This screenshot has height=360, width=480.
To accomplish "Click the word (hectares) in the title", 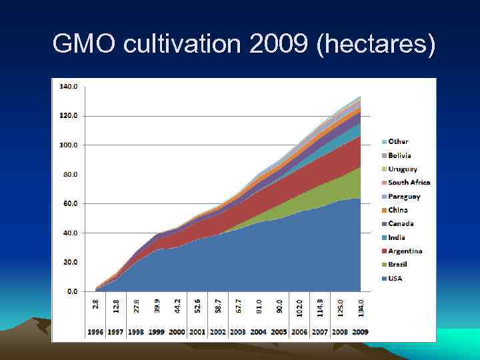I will [377, 45].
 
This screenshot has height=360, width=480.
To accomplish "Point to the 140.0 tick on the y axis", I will [69, 87].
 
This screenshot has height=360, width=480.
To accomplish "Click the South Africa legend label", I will [409, 182].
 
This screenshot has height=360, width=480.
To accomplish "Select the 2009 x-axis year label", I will [360, 332].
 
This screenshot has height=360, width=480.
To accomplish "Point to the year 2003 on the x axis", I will [238, 332].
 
